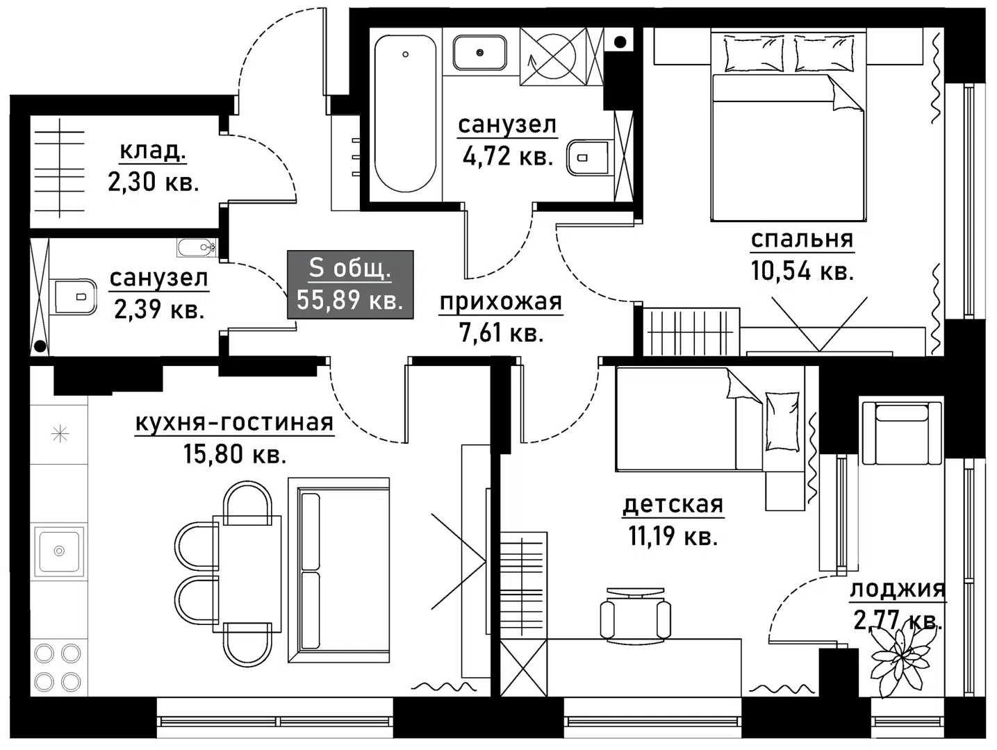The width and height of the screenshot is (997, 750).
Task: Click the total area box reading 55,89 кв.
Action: [350, 285]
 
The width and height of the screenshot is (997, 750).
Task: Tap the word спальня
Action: [802, 240]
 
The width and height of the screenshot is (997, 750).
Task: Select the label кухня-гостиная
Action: [234, 423]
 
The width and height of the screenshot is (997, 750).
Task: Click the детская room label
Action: [673, 505]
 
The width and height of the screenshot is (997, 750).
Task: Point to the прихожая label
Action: [500, 302]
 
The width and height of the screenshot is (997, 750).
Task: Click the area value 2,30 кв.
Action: [153, 182]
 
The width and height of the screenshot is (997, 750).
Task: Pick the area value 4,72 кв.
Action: [508, 156]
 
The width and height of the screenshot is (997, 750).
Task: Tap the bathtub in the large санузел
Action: [405, 115]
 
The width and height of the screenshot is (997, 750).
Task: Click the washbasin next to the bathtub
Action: [479, 53]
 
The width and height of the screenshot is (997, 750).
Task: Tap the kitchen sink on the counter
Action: [59, 551]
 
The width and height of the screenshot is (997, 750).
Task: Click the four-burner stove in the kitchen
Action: [58, 667]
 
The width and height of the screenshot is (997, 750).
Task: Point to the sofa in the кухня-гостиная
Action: [339, 569]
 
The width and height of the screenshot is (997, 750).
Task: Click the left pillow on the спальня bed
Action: [753, 54]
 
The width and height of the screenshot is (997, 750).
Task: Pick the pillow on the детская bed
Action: [782, 421]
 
